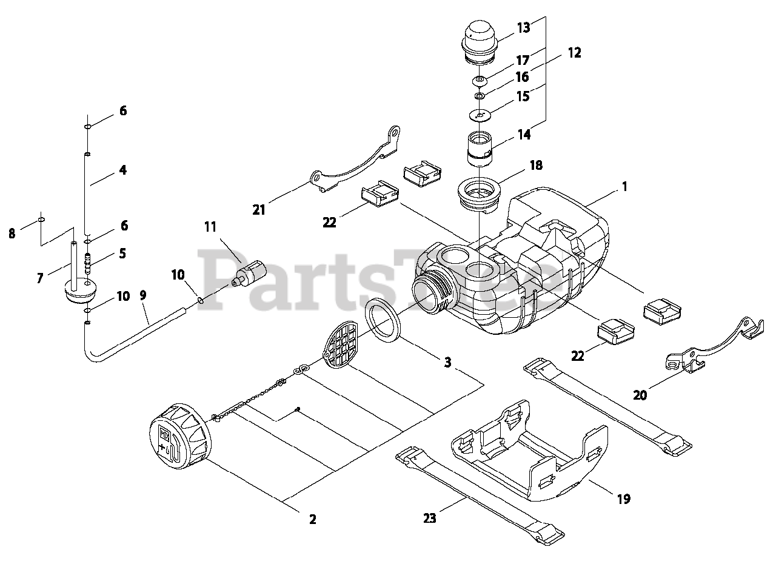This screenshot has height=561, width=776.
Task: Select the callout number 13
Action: tap(523, 27)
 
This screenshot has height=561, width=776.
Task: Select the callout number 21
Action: tap(259, 210)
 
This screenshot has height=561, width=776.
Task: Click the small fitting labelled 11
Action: tap(249, 274)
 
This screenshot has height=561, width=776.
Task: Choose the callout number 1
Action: tap(624, 187)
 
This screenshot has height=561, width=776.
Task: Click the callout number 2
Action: tap(312, 519)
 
